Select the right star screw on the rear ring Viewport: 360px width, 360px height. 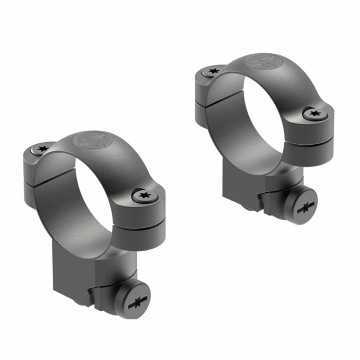tap(315, 114)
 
